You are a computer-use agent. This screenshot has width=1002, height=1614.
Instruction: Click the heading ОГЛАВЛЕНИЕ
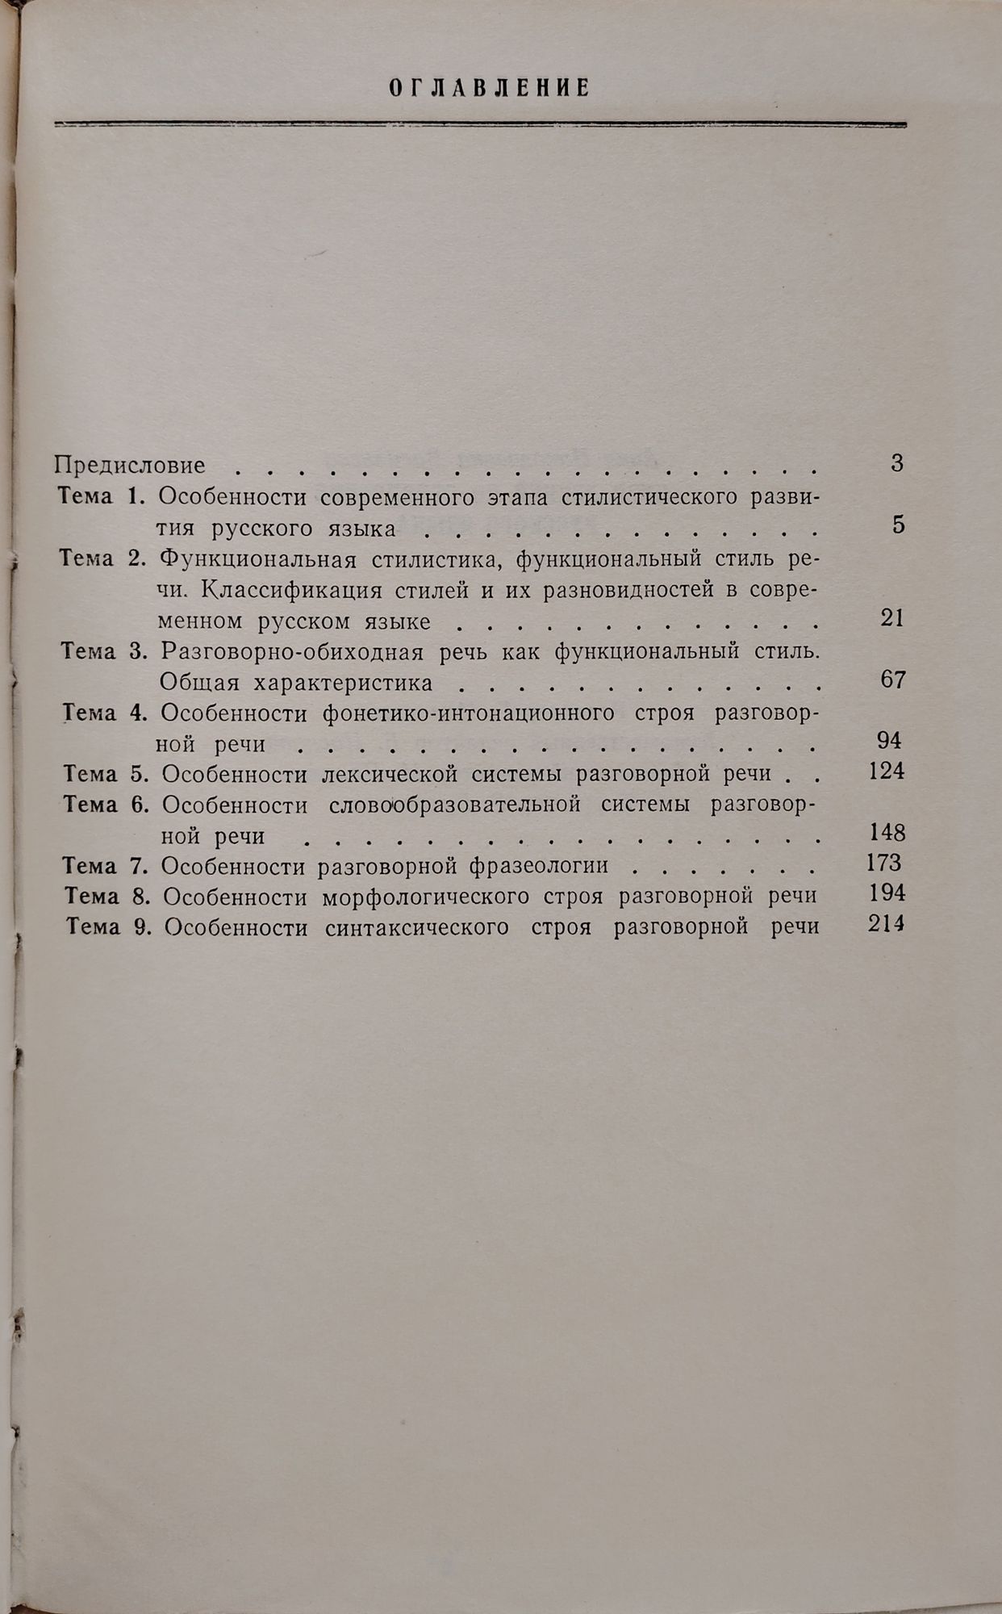point(490,88)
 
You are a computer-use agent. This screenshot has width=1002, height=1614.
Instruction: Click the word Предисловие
point(129,465)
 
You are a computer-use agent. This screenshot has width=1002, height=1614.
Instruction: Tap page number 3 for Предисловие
point(897,463)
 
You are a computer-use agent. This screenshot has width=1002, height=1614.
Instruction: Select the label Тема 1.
point(102,496)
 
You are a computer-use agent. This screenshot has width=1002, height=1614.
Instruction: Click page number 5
point(898,525)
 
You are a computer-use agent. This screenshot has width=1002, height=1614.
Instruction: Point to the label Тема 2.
point(102,558)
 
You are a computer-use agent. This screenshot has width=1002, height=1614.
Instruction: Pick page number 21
point(892,618)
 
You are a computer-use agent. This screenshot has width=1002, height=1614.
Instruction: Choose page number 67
point(893,679)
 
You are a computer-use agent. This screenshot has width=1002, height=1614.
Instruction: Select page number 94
point(888,740)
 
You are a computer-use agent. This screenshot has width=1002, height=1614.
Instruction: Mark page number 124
point(887,771)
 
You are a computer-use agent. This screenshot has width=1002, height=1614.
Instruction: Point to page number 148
point(887,832)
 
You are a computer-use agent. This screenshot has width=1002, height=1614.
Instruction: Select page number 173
point(883,863)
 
